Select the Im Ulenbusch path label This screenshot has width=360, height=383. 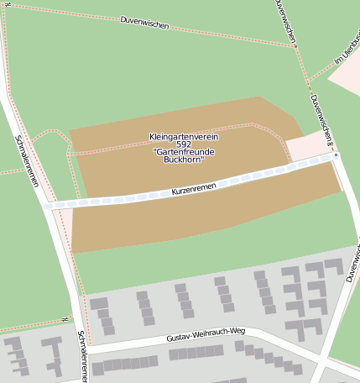pos(345,52)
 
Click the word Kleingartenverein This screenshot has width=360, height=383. pos(184,136)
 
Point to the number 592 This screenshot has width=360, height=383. pos(184,144)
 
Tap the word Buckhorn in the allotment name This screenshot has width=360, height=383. pos(184,159)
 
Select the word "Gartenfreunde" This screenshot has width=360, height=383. pos(185,151)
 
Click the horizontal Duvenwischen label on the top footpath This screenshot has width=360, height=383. pos(144,22)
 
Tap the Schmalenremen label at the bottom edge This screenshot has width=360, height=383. pos(82,355)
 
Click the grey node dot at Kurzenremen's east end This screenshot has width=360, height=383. pos(336,155)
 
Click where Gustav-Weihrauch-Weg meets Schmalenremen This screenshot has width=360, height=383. pos(85,347)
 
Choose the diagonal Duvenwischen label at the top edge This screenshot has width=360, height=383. pos(285,20)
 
